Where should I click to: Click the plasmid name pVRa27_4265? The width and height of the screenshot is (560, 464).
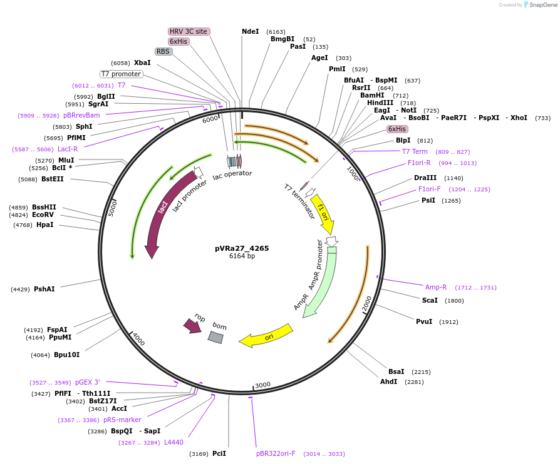242,248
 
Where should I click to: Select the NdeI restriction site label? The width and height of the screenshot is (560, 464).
250,31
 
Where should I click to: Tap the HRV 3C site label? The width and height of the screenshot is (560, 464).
189,31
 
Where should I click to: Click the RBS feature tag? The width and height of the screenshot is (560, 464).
163,51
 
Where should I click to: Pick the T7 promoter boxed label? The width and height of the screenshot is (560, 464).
121,74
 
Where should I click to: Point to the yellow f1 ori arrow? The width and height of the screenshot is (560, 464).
324,213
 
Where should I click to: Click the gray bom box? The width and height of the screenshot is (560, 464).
216,336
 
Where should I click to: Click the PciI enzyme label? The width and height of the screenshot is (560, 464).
219,453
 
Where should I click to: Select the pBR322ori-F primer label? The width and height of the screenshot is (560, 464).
276,453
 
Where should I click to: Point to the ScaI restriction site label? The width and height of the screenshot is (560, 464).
430,300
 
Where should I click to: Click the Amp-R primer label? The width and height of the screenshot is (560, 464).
436,287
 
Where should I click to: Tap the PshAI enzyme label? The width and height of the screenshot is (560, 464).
44,289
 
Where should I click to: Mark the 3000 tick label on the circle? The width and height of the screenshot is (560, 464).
262,385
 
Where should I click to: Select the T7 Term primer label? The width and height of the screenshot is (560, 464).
415,151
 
